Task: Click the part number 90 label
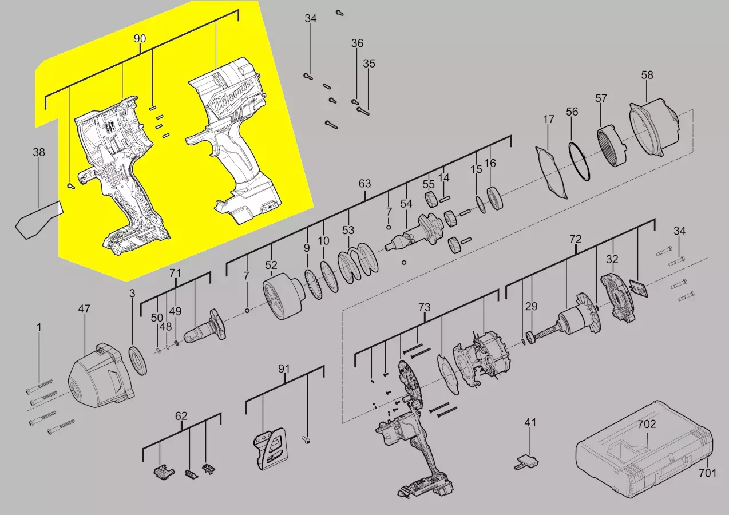coord(140,39)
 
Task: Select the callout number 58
coord(647,75)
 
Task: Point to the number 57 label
coord(601,98)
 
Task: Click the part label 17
coord(548,120)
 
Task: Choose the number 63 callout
coord(364,184)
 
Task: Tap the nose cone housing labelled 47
coord(101,375)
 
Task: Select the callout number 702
coord(647,424)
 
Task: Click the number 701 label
coord(707,473)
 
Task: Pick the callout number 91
coord(284,369)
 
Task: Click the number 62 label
coord(181,416)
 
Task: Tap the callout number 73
coord(425,307)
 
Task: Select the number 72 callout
coord(576,240)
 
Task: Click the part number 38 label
coord(39,152)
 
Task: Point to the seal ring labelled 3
coord(138,360)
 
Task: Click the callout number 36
coord(357,43)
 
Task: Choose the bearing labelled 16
coord(494,199)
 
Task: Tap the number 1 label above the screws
coord(39,327)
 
